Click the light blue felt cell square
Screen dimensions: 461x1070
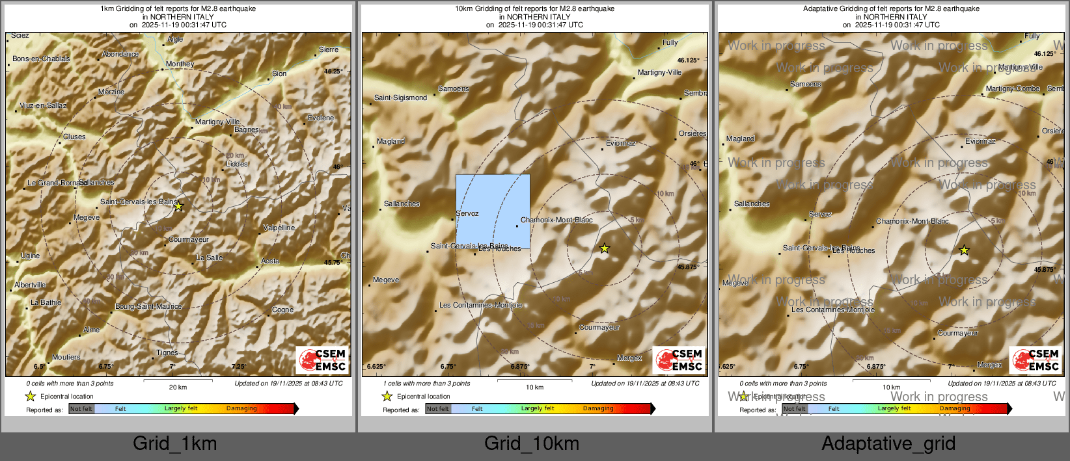[492, 211]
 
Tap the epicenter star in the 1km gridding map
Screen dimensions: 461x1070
[179, 207]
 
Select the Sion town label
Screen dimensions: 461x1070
[279, 73]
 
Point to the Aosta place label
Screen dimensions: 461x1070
[270, 261]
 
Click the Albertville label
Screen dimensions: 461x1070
[30, 285]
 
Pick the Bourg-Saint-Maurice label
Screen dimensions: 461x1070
[148, 306]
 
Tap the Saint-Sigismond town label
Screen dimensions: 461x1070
[400, 98]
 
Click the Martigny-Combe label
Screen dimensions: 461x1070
[1013, 88]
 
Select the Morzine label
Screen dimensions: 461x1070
[111, 92]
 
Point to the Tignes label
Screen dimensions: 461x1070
[167, 352]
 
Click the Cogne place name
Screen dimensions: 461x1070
[282, 310]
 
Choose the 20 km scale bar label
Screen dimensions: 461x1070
[178, 387]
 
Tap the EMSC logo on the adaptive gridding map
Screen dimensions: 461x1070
[1035, 360]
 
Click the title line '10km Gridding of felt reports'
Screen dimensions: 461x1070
[534, 9]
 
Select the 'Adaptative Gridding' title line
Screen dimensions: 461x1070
[891, 9]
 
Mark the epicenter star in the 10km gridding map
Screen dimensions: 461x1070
[605, 248]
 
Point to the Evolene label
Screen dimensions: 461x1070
[321, 118]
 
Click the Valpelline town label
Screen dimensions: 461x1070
[279, 228]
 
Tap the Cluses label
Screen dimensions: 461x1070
[74, 137]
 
